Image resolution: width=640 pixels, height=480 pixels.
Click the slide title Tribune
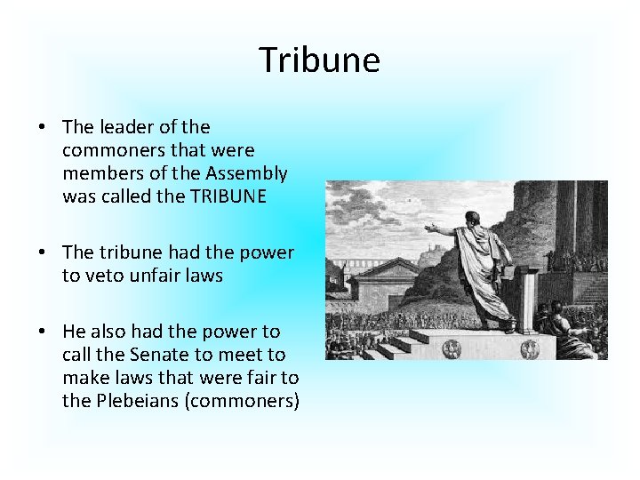[319, 60]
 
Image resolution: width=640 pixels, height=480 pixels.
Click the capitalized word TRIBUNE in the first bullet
[228, 196]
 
